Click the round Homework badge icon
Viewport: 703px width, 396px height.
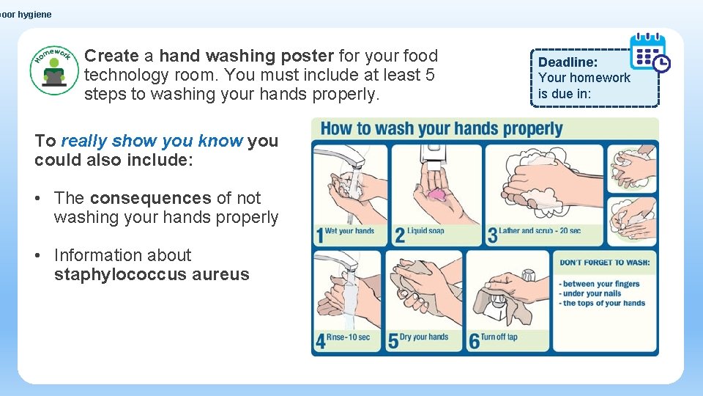pyautogui.click(x=54, y=69)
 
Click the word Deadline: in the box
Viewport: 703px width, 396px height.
pyautogui.click(x=568, y=62)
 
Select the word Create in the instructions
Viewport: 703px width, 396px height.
pyautogui.click(x=111, y=56)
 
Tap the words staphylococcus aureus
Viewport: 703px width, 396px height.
pyautogui.click(x=152, y=275)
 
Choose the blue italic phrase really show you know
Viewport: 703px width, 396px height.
pyautogui.click(x=152, y=141)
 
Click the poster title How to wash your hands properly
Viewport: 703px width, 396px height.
pyautogui.click(x=441, y=129)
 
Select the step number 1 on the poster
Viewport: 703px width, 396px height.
pyautogui.click(x=319, y=235)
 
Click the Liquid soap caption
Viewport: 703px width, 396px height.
pyautogui.click(x=425, y=231)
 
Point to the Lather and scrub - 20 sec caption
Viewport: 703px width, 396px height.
pyautogui.click(x=540, y=231)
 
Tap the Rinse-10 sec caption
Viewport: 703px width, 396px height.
pyautogui.click(x=349, y=337)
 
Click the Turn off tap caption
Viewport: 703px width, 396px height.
pyautogui.click(x=498, y=337)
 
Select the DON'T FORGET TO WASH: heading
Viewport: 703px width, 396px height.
pyautogui.click(x=604, y=263)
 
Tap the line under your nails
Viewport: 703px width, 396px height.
pyautogui.click(x=591, y=293)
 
